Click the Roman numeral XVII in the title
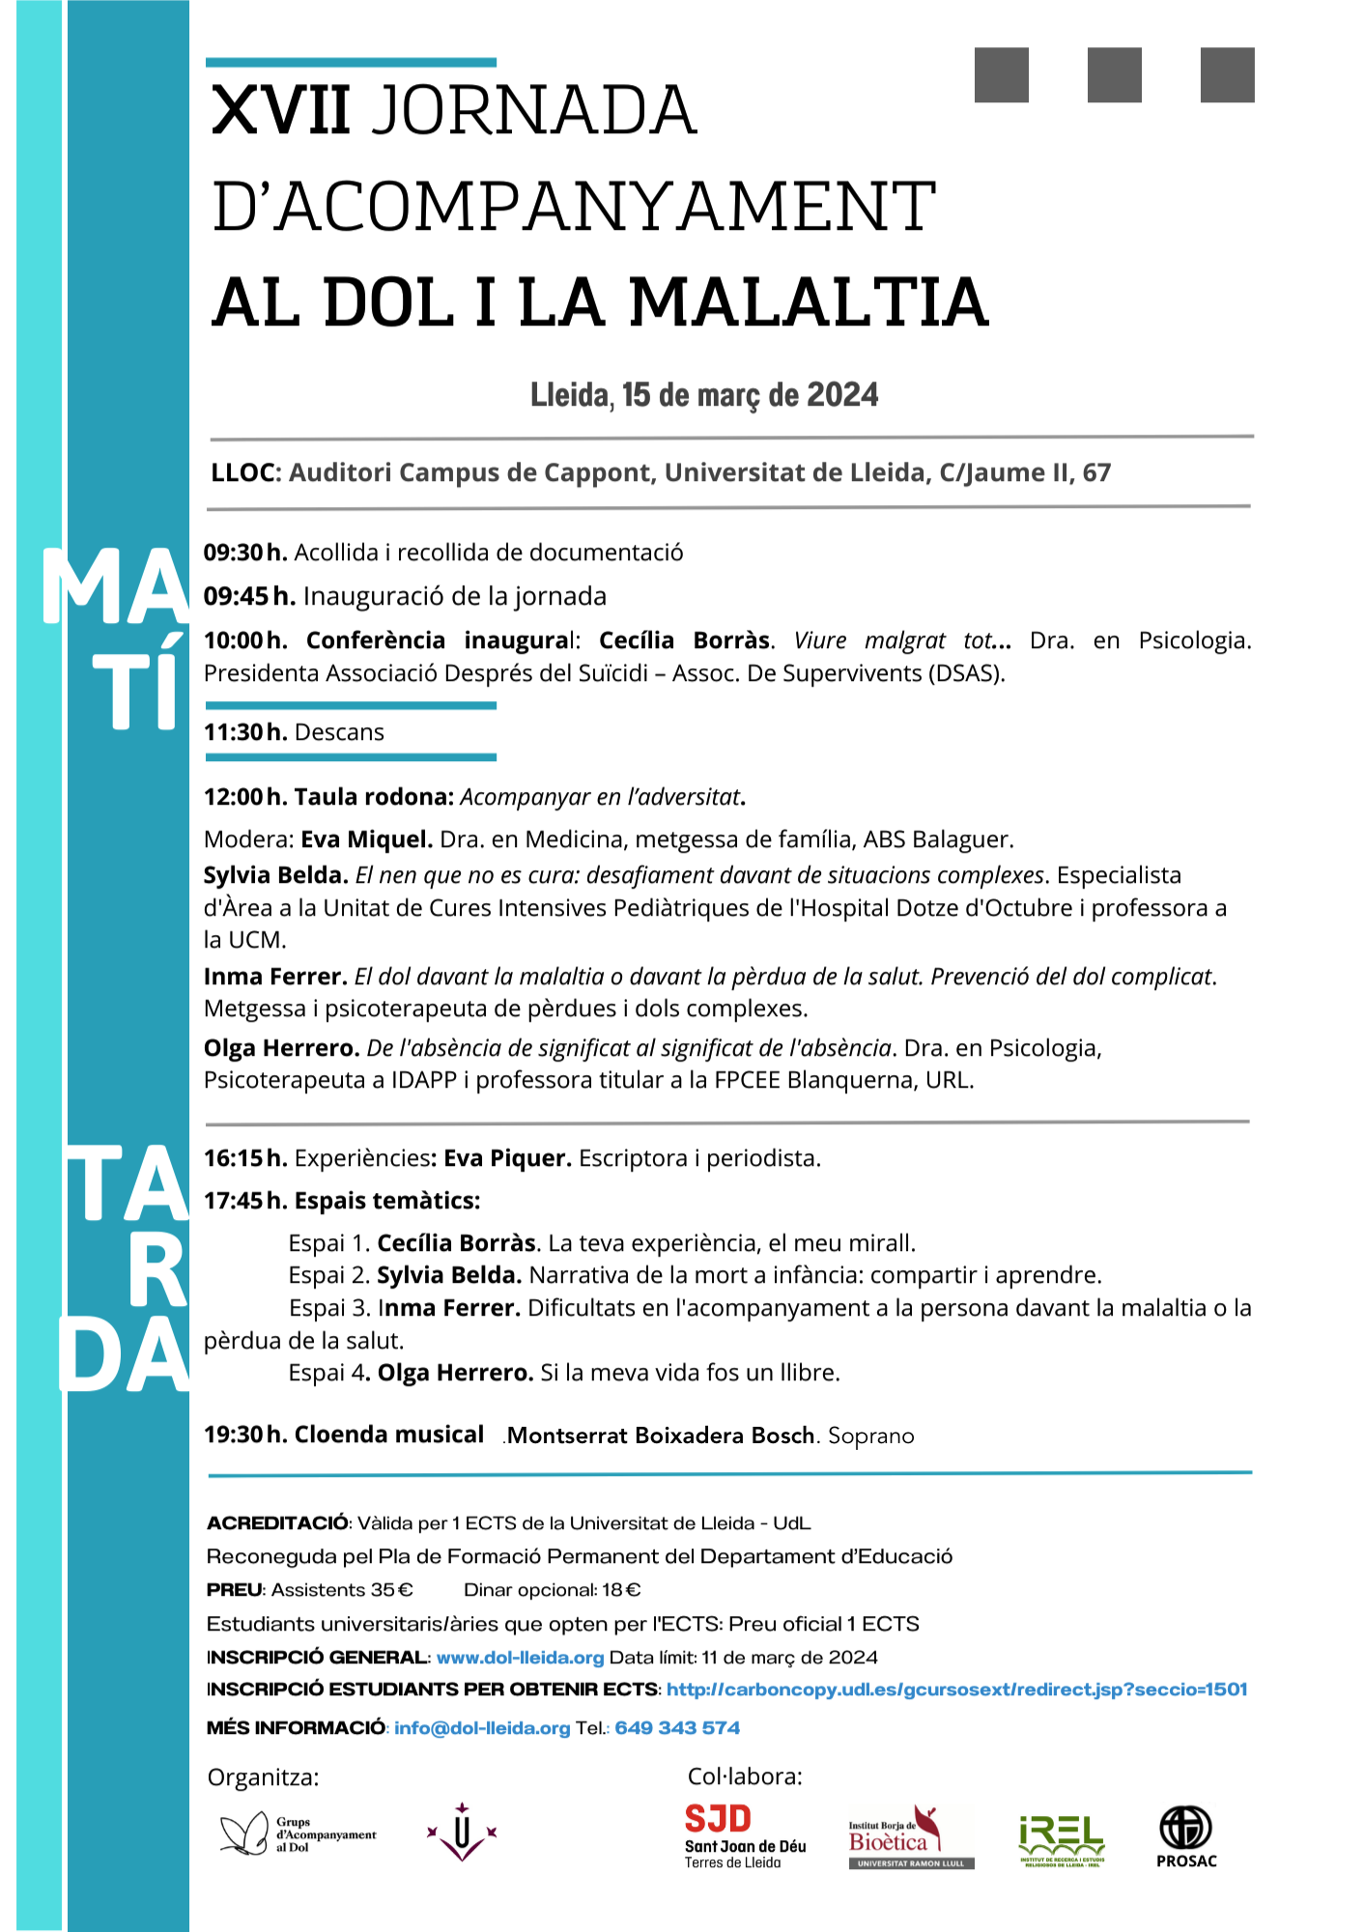click(x=281, y=110)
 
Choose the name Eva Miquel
click(x=366, y=839)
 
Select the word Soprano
click(x=870, y=1436)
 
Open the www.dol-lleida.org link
click(x=520, y=1658)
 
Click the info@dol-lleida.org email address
click(x=482, y=1728)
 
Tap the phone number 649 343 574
click(x=677, y=1728)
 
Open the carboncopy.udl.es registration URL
click(x=956, y=1690)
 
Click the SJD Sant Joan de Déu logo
click(x=744, y=1836)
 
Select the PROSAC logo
click(x=1186, y=1836)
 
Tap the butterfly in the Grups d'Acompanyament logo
click(x=243, y=1833)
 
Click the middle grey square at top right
click(x=1114, y=74)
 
